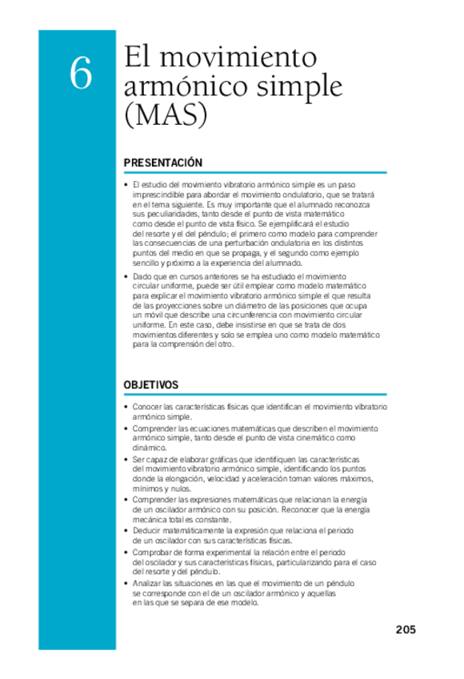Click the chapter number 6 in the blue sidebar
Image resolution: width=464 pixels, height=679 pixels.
point(80,74)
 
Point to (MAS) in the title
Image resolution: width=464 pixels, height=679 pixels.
point(166,116)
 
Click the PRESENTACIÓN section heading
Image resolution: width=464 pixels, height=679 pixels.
point(163,163)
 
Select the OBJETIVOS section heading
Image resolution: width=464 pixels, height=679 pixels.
point(151,385)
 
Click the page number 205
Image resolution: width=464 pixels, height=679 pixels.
point(406,629)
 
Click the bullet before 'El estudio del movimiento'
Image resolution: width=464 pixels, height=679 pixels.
point(126,184)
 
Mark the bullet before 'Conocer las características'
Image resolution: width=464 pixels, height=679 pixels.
point(126,407)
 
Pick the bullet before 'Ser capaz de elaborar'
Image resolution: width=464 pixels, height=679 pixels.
point(126,459)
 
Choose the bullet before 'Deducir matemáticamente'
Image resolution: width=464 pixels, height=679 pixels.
point(126,530)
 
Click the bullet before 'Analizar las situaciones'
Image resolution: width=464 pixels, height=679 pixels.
point(126,584)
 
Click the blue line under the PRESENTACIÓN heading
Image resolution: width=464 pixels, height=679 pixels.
point(254,172)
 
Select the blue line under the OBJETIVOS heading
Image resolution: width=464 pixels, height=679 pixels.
point(254,395)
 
